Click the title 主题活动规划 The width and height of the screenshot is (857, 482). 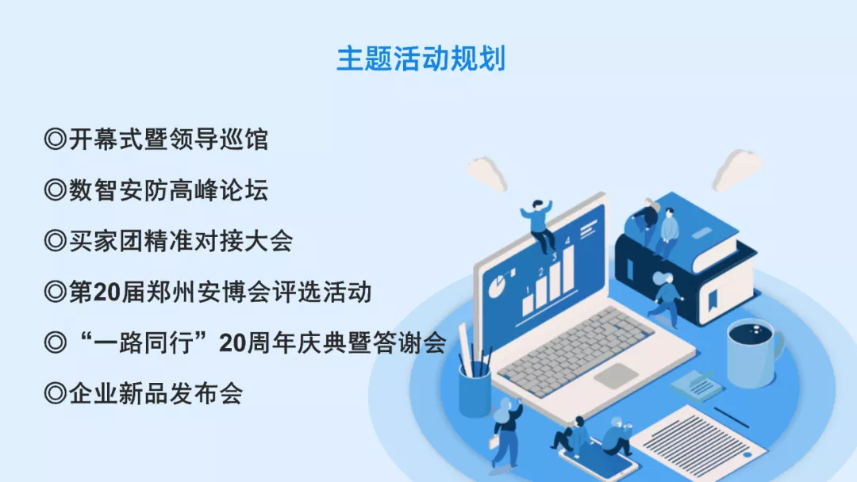pos(421,59)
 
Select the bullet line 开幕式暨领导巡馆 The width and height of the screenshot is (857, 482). pos(168,140)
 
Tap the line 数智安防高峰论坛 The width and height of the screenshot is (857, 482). pos(168,190)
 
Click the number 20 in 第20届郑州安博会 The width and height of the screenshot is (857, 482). pos(106,293)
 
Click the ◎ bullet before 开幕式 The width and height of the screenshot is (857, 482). pos(55,140)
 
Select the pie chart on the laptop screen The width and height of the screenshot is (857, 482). pos(499,285)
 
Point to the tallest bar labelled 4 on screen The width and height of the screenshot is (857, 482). pos(567,265)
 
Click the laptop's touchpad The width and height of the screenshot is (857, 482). pos(615,375)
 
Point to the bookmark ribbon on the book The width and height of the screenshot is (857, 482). pos(712,298)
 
